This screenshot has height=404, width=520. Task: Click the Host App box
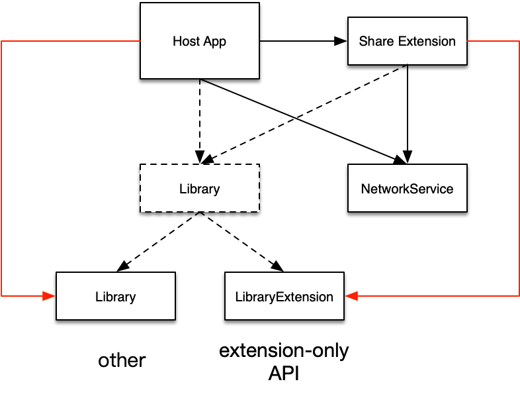[199, 41]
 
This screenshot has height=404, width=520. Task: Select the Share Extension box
[407, 41]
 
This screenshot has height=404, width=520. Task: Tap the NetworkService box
[407, 188]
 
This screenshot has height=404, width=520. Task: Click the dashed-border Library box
[199, 188]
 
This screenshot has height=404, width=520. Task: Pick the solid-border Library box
[115, 296]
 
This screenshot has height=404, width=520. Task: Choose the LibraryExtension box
[284, 296]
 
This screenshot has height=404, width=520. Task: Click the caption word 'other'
[122, 360]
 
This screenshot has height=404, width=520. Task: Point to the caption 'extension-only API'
[284, 362]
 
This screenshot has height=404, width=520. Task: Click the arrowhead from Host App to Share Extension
[341, 41]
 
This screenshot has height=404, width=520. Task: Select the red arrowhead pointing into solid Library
[50, 296]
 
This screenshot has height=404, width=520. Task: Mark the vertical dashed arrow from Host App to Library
[200, 119]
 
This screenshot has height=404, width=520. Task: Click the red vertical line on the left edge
[2, 166]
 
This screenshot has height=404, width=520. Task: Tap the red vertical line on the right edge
[519, 166]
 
